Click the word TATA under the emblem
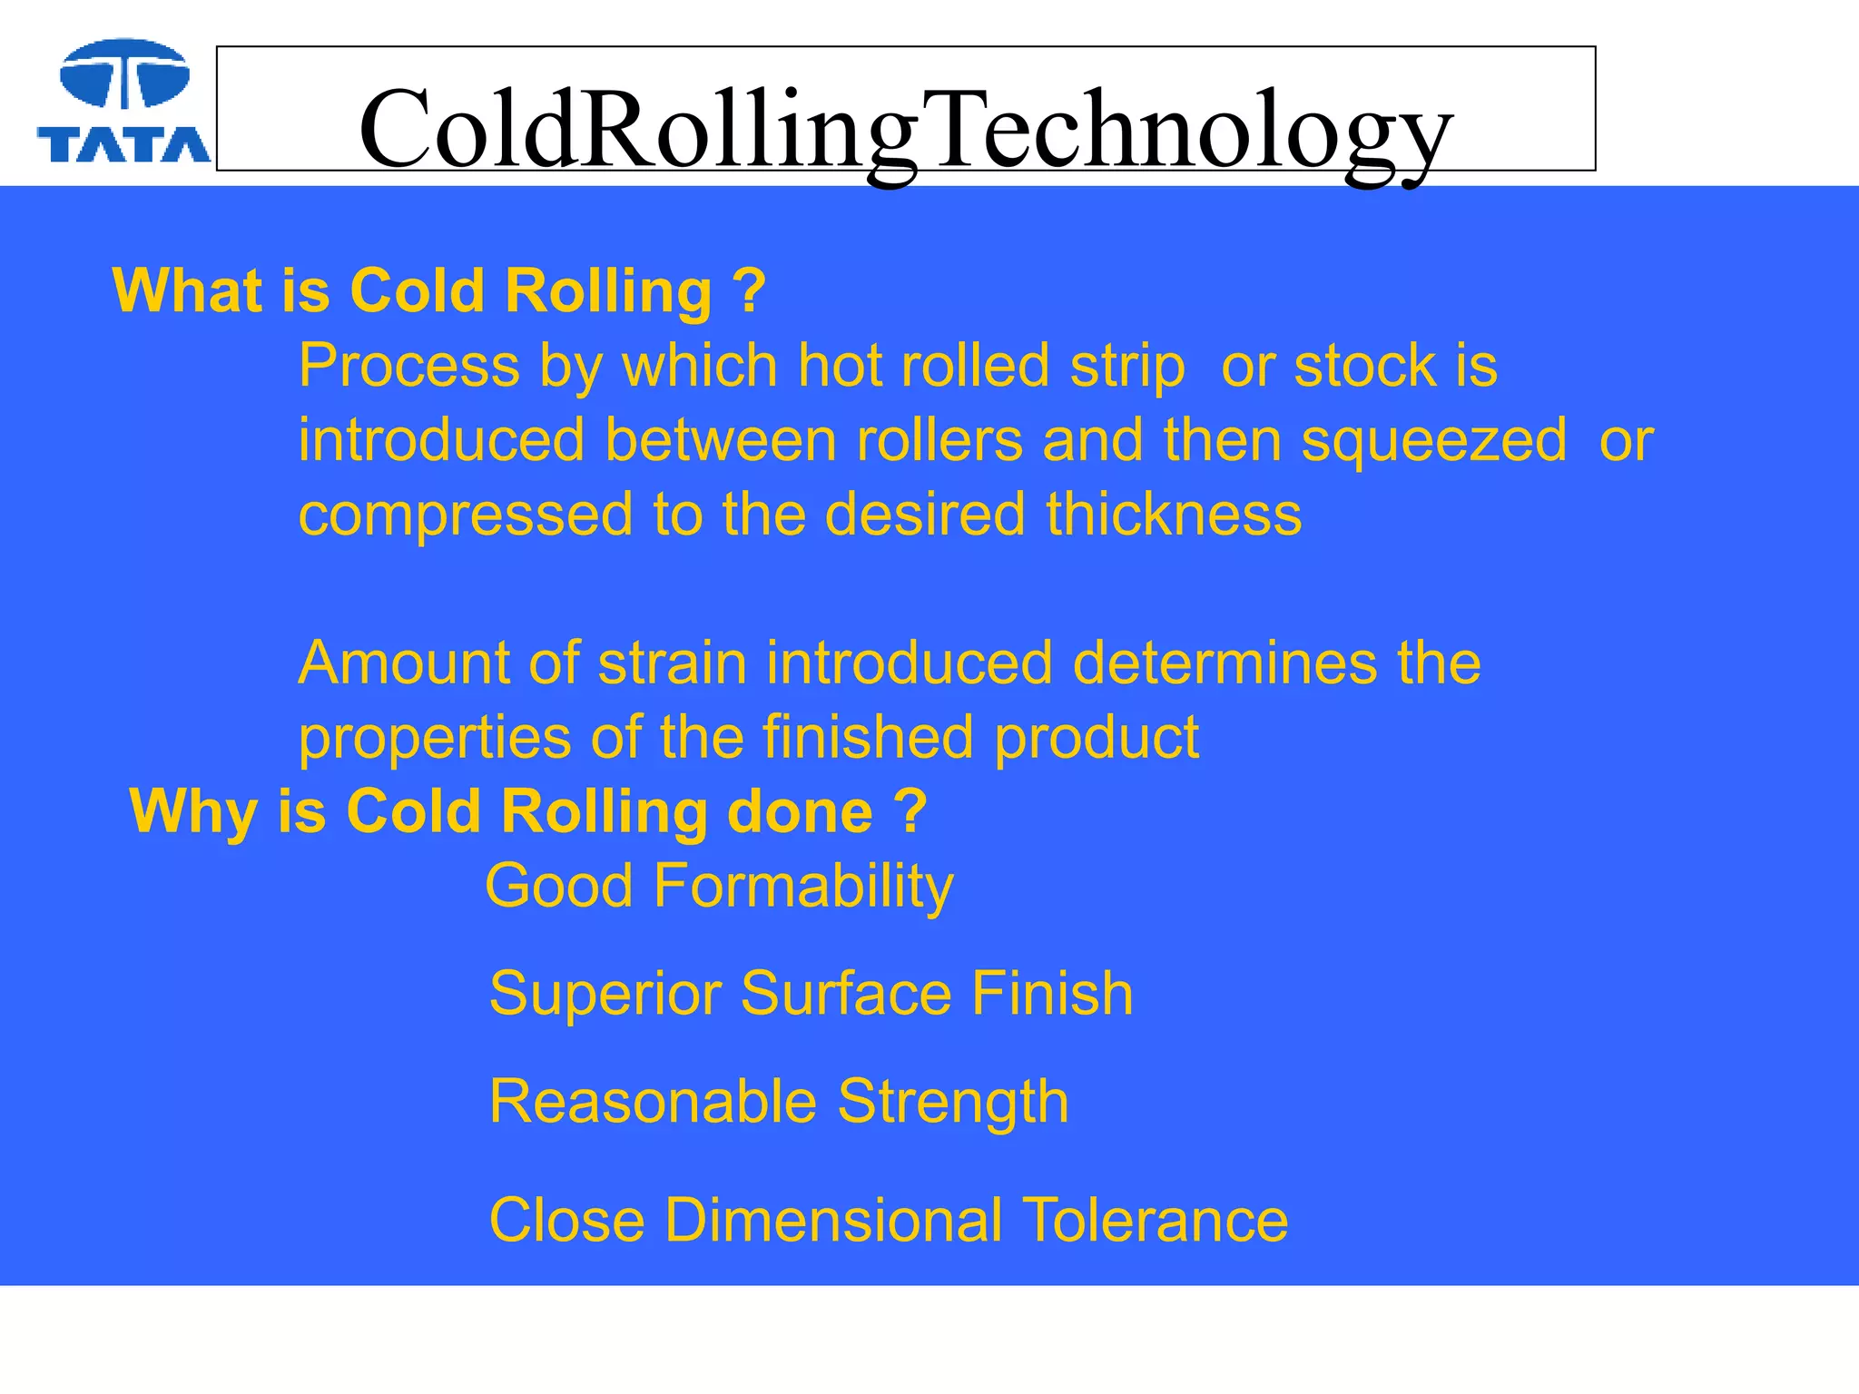coord(123,144)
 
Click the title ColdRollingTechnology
coord(905,129)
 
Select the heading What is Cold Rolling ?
coord(439,291)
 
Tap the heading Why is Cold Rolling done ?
coord(528,811)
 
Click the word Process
coord(409,367)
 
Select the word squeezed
coord(1433,442)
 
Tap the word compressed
coord(465,515)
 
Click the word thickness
coord(1174,515)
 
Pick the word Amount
coord(403,663)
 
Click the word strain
coord(672,663)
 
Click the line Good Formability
coord(719,887)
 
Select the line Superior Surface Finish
coord(811,994)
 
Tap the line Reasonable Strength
coord(779,1102)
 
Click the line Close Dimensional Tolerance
coord(888,1220)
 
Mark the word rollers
coord(939,442)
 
